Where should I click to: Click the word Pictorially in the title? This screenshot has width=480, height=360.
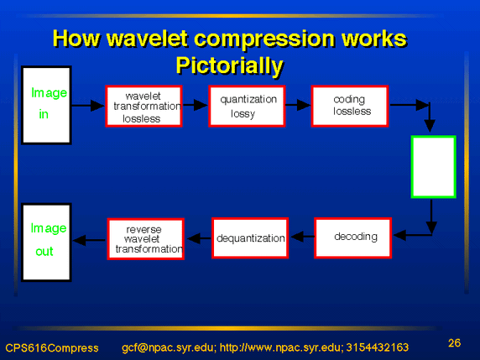pyautogui.click(x=230, y=65)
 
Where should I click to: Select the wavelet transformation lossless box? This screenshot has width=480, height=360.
pyautogui.click(x=143, y=106)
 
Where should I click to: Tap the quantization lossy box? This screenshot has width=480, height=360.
pyautogui.click(x=247, y=106)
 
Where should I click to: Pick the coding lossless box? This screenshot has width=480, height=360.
pyautogui.click(x=350, y=106)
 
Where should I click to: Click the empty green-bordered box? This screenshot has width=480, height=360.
pyautogui.click(x=434, y=167)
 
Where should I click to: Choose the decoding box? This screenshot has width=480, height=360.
pyautogui.click(x=353, y=237)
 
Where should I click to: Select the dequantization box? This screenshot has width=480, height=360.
pyautogui.click(x=250, y=237)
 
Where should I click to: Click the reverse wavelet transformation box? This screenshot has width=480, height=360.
pyautogui.click(x=146, y=239)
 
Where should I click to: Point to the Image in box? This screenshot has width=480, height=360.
pyautogui.click(x=46, y=105)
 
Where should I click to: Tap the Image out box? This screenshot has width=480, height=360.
pyautogui.click(x=46, y=243)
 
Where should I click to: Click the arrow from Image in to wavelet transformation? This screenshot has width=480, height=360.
pyautogui.click(x=88, y=106)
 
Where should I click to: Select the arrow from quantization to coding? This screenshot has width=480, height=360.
pyautogui.click(x=298, y=105)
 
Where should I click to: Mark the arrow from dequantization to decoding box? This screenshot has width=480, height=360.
pyautogui.click(x=302, y=237)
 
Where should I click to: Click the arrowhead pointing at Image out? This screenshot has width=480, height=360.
pyautogui.click(x=80, y=240)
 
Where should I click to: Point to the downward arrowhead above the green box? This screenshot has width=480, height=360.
pyautogui.click(x=430, y=126)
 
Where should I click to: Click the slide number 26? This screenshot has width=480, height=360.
pyautogui.click(x=454, y=343)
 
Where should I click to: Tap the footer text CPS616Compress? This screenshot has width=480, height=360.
pyautogui.click(x=52, y=348)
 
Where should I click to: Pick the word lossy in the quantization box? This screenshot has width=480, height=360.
pyautogui.click(x=243, y=113)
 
